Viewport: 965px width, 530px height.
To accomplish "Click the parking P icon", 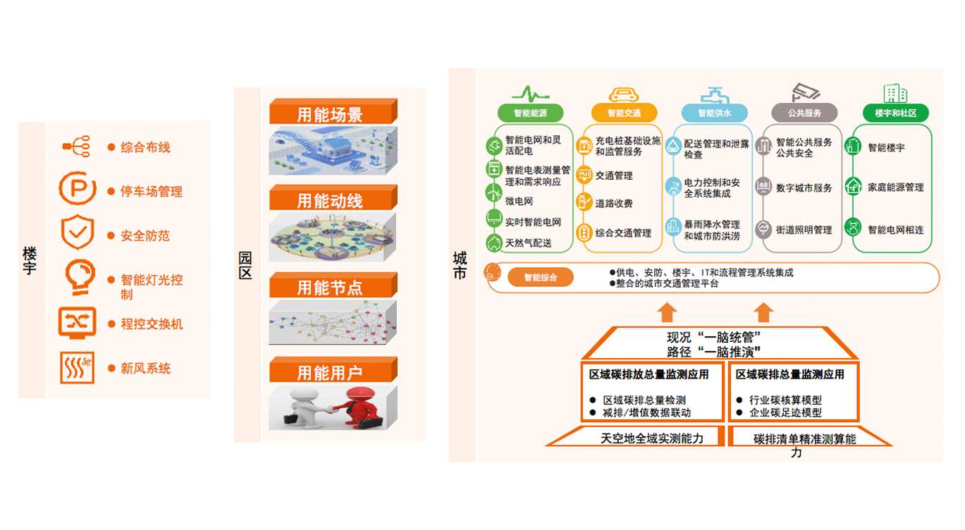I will point(75,188).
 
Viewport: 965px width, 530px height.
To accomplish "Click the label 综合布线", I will point(145,147).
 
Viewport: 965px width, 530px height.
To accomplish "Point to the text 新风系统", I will point(145,368).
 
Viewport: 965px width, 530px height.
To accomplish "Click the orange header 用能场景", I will point(330,115).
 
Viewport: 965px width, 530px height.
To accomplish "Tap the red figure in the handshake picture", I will point(359,407).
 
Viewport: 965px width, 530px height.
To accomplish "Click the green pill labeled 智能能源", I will point(531,113).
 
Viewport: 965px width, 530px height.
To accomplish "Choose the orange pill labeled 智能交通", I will point(623,113).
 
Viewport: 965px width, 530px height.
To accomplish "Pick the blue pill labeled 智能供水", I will point(715,113).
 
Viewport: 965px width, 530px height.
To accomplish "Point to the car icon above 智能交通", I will point(623,94).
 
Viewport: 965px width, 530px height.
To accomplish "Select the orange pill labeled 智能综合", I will point(540,278).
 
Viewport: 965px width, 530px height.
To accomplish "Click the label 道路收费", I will point(613,204).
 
